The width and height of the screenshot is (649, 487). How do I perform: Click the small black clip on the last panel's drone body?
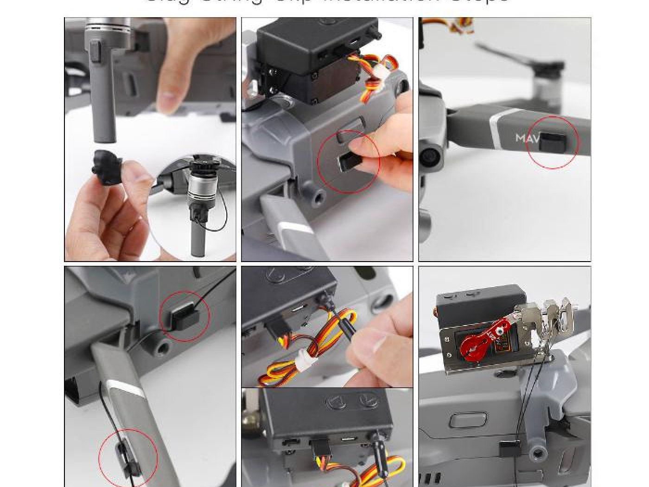pyautogui.click(x=508, y=449)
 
